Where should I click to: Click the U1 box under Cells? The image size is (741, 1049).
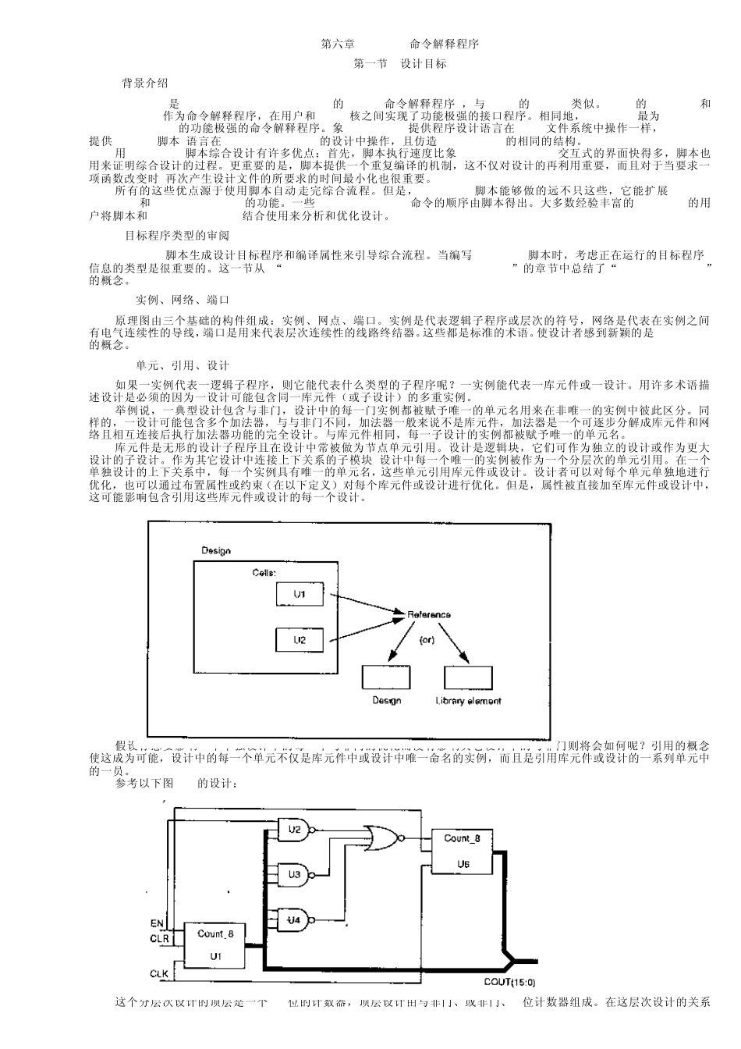pos(300,595)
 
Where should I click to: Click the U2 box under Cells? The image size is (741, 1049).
pos(300,640)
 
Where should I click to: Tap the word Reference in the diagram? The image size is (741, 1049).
pos(429,615)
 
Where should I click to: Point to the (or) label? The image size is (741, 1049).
pos(427,640)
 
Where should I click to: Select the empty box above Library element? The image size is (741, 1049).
pos(468,677)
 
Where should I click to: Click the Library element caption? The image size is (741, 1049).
pos(468,701)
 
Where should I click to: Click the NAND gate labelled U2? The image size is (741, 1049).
pos(297,830)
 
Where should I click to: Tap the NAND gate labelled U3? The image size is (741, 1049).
pos(297,875)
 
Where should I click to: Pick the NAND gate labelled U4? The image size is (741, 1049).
pos(297,920)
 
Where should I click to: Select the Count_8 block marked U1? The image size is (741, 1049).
pos(214,944)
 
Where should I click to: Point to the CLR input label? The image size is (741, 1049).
pos(158,939)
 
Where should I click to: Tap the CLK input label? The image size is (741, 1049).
pos(158,974)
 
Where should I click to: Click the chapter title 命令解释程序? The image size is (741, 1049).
pos(444,44)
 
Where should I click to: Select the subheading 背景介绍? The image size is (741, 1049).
pos(144,84)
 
